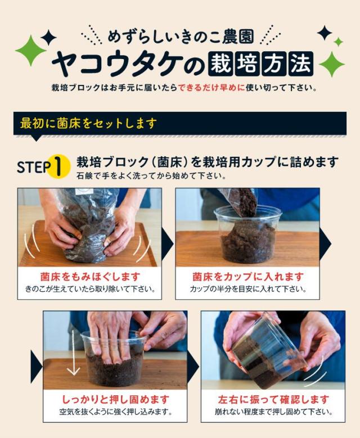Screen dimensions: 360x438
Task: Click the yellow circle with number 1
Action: pyautogui.click(x=58, y=166)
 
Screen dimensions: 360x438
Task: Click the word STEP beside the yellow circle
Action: pyautogui.click(x=34, y=167)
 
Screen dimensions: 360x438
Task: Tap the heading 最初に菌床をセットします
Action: pyautogui.click(x=88, y=123)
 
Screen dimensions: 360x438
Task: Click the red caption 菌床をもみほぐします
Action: pyautogui.click(x=90, y=277)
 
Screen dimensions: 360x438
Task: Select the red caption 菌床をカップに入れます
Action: pyautogui.click(x=248, y=277)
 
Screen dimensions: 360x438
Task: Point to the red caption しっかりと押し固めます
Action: pyautogui.click(x=115, y=399)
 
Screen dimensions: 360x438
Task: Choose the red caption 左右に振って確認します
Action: pyautogui.click(x=273, y=399)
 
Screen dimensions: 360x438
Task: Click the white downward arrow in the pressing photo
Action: pyautogui.click(x=74, y=353)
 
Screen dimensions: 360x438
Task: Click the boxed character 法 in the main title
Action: pyautogui.click(x=301, y=64)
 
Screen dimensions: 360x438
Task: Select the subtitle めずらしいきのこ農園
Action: pyautogui.click(x=181, y=37)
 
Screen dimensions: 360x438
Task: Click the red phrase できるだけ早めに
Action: pyautogui.click(x=211, y=88)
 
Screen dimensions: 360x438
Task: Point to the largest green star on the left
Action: pyautogui.click(x=30, y=51)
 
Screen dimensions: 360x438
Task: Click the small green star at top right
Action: pyautogui.click(x=339, y=42)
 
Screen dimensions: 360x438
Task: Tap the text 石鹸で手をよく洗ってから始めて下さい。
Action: pyautogui.click(x=151, y=176)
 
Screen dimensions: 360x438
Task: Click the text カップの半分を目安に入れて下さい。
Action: pyautogui.click(x=248, y=289)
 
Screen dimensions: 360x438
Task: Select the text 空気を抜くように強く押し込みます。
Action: pyautogui.click(x=115, y=412)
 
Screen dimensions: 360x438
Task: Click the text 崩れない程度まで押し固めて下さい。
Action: pyautogui.click(x=273, y=412)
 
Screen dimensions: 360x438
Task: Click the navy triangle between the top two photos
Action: pyautogui.click(x=168, y=243)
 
